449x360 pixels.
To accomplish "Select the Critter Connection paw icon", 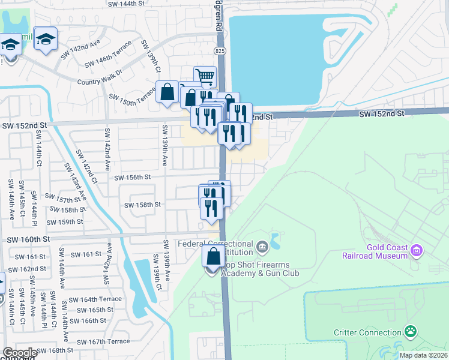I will click(411, 331).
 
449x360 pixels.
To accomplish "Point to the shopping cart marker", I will click(205, 76).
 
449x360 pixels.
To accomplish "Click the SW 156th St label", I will click(131, 178).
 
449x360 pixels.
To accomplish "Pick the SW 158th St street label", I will click(142, 205).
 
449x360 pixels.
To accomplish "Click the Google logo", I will click(20, 353).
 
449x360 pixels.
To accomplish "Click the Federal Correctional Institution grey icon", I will click(262, 245).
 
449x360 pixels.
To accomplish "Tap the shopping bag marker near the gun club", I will click(213, 256).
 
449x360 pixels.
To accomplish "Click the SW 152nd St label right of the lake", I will click(381, 113).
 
